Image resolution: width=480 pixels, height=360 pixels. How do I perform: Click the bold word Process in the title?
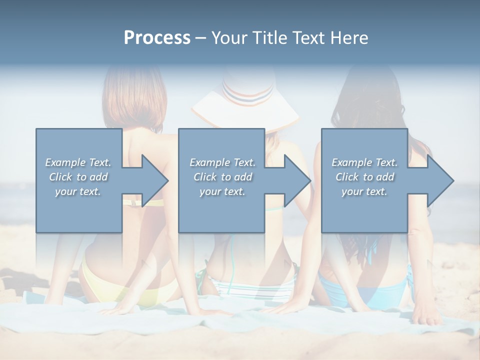click(x=157, y=37)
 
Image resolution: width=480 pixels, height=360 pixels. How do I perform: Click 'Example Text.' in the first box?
click(x=78, y=162)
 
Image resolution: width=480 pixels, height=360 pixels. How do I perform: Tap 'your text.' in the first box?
click(x=78, y=191)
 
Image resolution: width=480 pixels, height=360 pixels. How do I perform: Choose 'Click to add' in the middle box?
click(x=222, y=177)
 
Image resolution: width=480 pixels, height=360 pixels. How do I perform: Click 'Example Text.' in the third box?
click(x=364, y=162)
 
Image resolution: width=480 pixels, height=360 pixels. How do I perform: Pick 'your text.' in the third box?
click(x=364, y=191)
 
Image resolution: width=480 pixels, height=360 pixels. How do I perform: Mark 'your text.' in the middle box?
click(x=222, y=191)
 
